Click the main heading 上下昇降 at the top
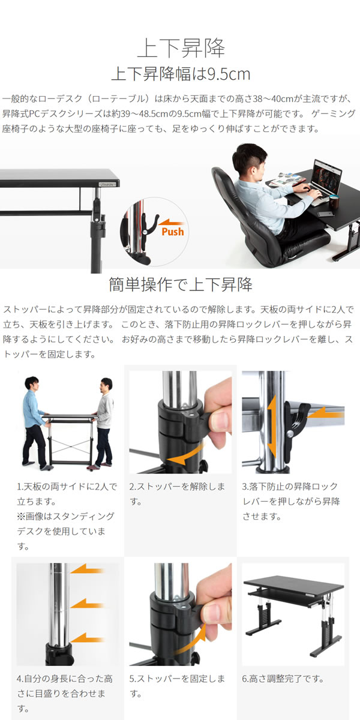pyautogui.click(x=180, y=47)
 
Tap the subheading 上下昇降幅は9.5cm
pyautogui.click(x=180, y=74)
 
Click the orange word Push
pyautogui.click(x=173, y=232)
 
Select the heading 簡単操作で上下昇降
pyautogui.click(x=180, y=284)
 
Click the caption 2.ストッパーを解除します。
pyautogui.click(x=178, y=493)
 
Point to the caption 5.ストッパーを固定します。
pyautogui.click(x=178, y=686)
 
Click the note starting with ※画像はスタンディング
pyautogui.click(x=65, y=531)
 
